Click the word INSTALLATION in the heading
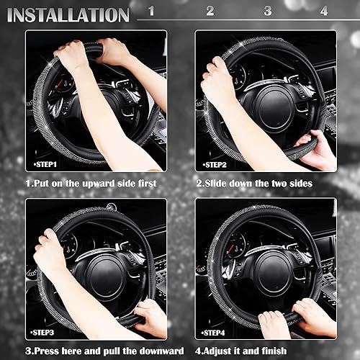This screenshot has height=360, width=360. click(68, 14)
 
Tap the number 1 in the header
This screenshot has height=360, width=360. click(150, 12)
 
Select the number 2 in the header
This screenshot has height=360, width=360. click(210, 12)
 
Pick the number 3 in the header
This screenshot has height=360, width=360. click(267, 12)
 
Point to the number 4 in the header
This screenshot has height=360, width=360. click(323, 12)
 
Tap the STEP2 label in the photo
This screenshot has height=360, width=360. click(217, 164)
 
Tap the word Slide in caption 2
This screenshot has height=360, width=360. click(219, 184)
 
